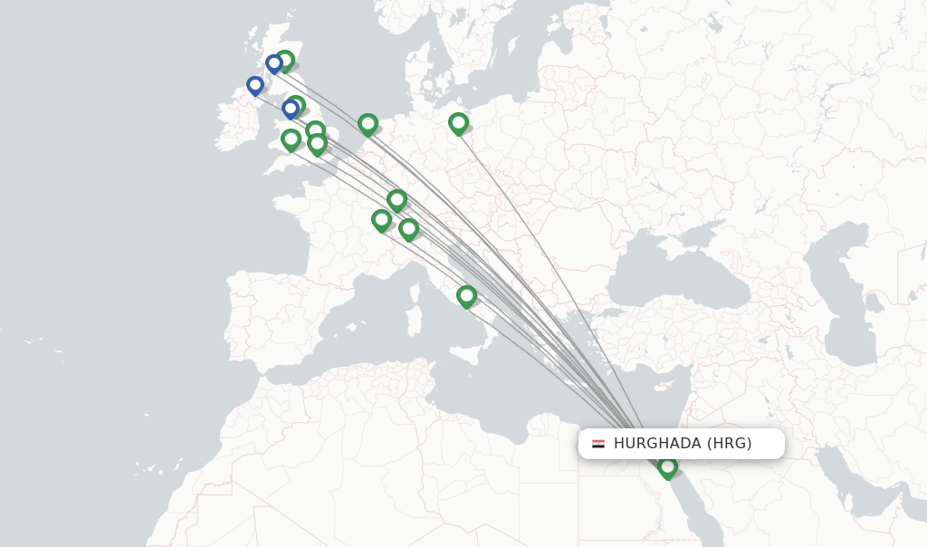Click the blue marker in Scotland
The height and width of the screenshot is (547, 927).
tap(273, 63)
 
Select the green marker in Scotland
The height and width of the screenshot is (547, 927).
tap(285, 61)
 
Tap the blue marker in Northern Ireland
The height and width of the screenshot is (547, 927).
tap(255, 85)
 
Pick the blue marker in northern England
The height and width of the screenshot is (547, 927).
tap(291, 109)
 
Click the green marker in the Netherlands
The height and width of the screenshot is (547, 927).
tap(368, 123)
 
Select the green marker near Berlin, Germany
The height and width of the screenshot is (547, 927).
tap(458, 122)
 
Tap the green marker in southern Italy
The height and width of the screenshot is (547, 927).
tap(466, 295)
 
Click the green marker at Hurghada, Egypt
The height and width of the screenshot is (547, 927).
tap(667, 466)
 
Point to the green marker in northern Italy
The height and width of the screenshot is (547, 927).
tap(408, 228)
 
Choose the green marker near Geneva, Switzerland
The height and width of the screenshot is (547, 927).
tap(381, 219)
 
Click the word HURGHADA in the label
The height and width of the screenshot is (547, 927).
tap(657, 444)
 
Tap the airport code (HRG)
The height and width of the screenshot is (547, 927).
tap(730, 444)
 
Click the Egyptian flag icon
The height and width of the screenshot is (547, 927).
tap(598, 444)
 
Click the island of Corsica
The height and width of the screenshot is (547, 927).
tap(417, 288)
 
